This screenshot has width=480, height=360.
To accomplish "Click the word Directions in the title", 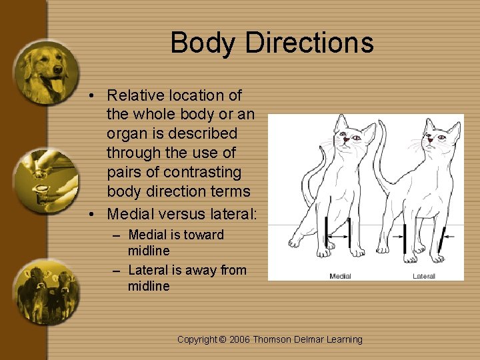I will tap(309, 43).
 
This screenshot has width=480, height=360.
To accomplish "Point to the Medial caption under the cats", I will tap(340, 276).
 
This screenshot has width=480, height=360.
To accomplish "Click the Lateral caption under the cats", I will tap(424, 276).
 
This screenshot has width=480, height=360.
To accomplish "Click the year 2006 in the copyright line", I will tap(241, 339).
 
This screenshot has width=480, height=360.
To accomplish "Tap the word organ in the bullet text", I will tap(125, 133).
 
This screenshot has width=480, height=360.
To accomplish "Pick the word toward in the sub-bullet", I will tap(205, 235).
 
